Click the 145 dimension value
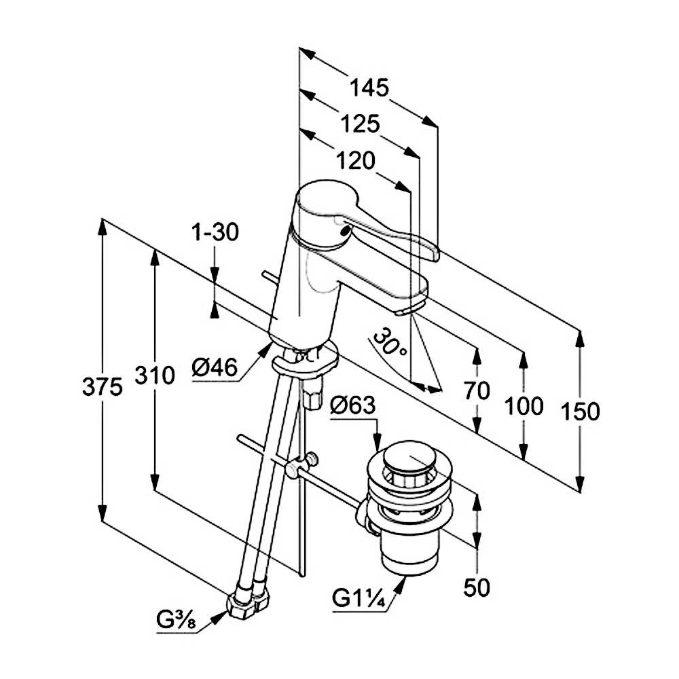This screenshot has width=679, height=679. tap(370, 88)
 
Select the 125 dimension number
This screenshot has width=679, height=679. tap(360, 124)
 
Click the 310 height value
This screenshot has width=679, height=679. tap(154, 374)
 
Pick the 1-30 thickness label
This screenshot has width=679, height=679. tap(215, 233)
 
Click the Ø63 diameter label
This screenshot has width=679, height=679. tap(353, 406)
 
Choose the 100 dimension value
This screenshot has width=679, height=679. tap(524, 406)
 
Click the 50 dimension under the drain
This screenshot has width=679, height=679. tap(477, 587)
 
